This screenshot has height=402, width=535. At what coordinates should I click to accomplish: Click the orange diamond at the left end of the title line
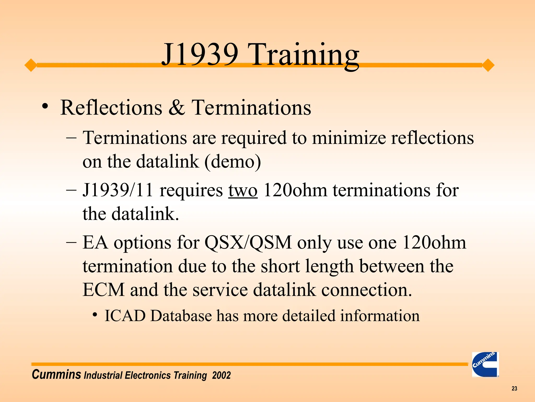[x=31, y=65]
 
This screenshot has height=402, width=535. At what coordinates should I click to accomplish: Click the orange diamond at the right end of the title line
[x=488, y=65]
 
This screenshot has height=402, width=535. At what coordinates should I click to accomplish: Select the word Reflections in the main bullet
[x=111, y=108]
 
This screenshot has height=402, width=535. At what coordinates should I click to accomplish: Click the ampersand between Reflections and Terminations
[x=177, y=108]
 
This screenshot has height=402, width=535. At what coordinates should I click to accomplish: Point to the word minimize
[x=349, y=138]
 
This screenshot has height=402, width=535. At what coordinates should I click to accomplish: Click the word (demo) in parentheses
[x=233, y=161]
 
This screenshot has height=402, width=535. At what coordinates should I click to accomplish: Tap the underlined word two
[x=243, y=190]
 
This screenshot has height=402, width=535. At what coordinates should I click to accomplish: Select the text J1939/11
[x=118, y=190]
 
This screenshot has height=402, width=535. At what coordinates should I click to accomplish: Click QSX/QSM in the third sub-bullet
[x=248, y=243]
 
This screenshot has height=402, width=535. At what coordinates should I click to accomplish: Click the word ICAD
[x=125, y=316]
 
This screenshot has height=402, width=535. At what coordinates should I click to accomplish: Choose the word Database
[x=181, y=316]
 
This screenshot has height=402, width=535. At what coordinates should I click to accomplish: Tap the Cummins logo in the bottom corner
[x=485, y=364]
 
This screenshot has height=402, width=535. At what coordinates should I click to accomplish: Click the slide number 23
[x=514, y=389]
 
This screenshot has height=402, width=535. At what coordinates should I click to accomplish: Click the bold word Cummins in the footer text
[x=56, y=375]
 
